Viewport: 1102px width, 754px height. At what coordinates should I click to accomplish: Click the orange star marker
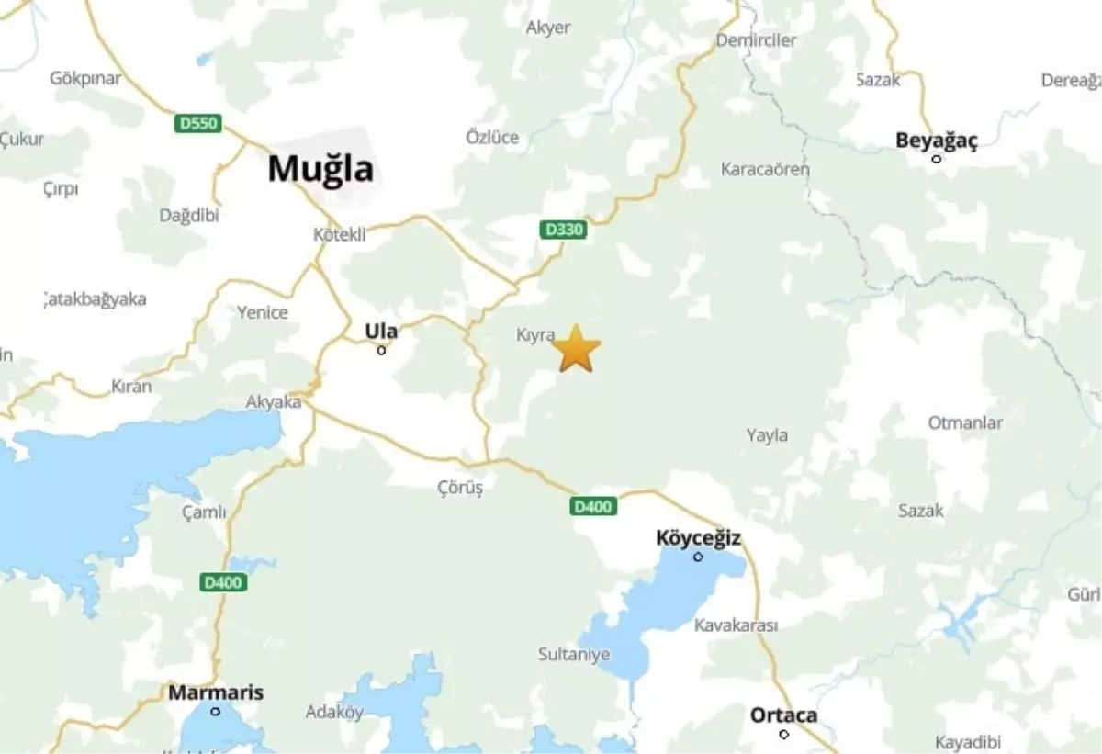pyautogui.click(x=577, y=349)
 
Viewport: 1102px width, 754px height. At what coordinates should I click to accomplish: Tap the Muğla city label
pyautogui.click(x=320, y=169)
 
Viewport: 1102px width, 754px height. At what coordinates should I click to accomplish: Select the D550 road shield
pyautogui.click(x=198, y=123)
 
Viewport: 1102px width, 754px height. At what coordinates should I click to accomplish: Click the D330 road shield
pyautogui.click(x=564, y=230)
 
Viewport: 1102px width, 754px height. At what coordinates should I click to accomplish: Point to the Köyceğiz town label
pyautogui.click(x=698, y=537)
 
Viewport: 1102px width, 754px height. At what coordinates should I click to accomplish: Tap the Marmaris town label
pyautogui.click(x=216, y=692)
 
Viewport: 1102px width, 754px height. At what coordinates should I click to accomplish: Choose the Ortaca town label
pyautogui.click(x=783, y=715)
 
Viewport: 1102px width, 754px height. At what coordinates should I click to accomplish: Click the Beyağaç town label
pyautogui.click(x=937, y=141)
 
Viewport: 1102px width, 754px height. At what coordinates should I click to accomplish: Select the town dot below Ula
pyautogui.click(x=381, y=350)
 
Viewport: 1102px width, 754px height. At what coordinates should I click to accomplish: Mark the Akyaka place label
pyautogui.click(x=274, y=402)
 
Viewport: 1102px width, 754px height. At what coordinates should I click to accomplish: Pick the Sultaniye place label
pyautogui.click(x=574, y=655)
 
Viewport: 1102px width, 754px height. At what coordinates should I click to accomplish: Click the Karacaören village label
pyautogui.click(x=765, y=169)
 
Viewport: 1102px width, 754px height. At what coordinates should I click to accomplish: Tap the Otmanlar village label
pyautogui.click(x=965, y=423)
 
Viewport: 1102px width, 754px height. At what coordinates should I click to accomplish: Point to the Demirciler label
pyautogui.click(x=756, y=40)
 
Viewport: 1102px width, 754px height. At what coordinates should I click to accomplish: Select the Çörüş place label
pyautogui.click(x=460, y=488)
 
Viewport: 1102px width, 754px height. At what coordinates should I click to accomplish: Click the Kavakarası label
pyautogui.click(x=736, y=625)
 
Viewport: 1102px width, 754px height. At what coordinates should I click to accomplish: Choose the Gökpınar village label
pyautogui.click(x=85, y=78)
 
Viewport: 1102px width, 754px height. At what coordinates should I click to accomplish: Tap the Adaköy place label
pyautogui.click(x=334, y=712)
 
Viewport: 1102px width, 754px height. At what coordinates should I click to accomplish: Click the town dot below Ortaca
pyautogui.click(x=783, y=734)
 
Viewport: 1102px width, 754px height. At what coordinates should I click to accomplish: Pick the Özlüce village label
pyautogui.click(x=492, y=138)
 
